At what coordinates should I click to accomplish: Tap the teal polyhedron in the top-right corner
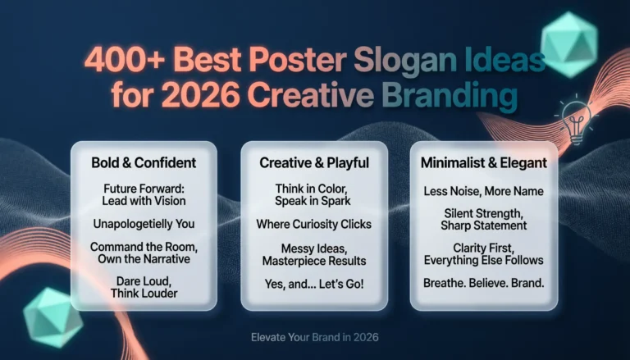[569, 45]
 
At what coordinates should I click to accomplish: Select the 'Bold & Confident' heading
[144, 162]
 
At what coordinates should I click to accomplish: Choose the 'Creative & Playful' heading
[314, 162]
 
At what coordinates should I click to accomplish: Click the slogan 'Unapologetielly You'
[144, 224]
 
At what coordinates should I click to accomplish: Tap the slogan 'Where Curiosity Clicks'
[314, 223]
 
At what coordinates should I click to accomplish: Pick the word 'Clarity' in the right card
[468, 248]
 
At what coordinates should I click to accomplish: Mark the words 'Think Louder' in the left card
[144, 294]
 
